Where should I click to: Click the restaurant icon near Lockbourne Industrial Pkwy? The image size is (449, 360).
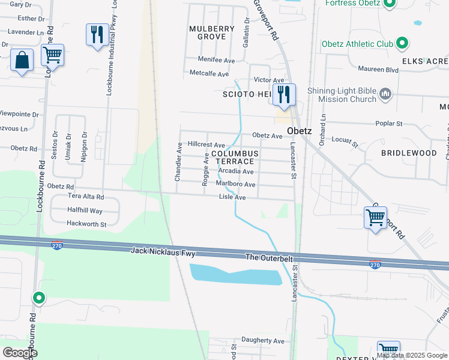(96, 34)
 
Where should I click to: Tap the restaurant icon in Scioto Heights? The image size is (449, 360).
(283, 94)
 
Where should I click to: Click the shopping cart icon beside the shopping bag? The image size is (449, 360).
(52, 56)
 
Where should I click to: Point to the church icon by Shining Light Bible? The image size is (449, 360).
(385, 94)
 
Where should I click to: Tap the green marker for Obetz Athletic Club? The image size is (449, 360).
(402, 44)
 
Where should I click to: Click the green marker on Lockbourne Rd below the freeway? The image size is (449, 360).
(39, 298)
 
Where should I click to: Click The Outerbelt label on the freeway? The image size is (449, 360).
(270, 257)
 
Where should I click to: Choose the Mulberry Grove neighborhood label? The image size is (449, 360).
(208, 32)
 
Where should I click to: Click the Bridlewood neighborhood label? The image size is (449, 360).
(409, 153)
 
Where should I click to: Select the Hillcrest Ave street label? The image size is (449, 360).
(206, 145)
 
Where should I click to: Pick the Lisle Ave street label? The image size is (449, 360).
(232, 197)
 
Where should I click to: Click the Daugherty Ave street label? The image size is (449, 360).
(262, 340)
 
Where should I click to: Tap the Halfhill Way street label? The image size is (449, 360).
(85, 211)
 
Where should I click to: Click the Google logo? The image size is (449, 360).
(20, 353)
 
